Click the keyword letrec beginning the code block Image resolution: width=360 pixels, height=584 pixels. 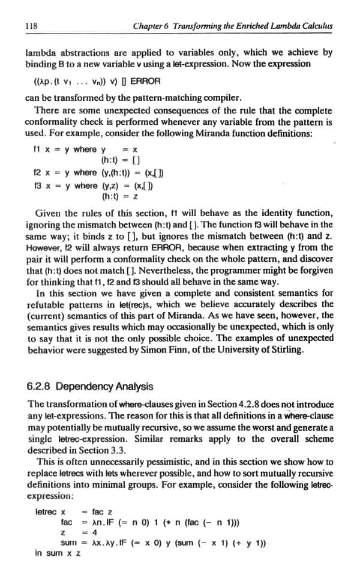46,511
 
